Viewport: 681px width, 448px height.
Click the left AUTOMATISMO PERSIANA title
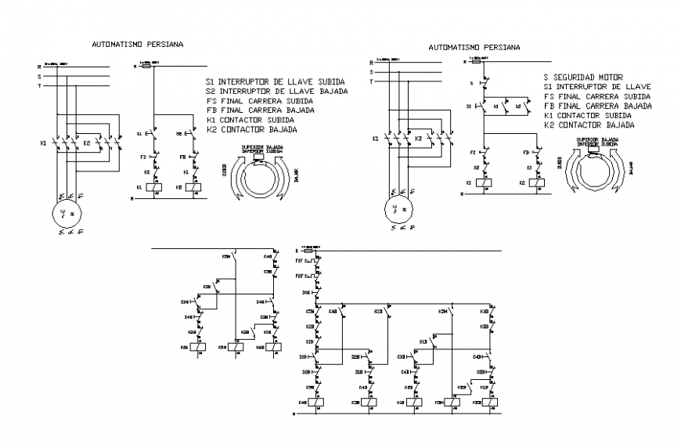[x=137, y=45]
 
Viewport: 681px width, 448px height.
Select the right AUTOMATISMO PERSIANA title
[x=474, y=47]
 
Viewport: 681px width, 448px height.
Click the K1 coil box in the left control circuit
[x=155, y=187]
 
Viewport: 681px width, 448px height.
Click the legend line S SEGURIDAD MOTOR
[x=583, y=77]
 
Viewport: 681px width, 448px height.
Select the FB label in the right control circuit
[x=527, y=152]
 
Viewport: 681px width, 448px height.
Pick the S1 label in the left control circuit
[x=139, y=135]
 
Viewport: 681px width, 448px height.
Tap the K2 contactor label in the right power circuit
[x=420, y=139]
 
